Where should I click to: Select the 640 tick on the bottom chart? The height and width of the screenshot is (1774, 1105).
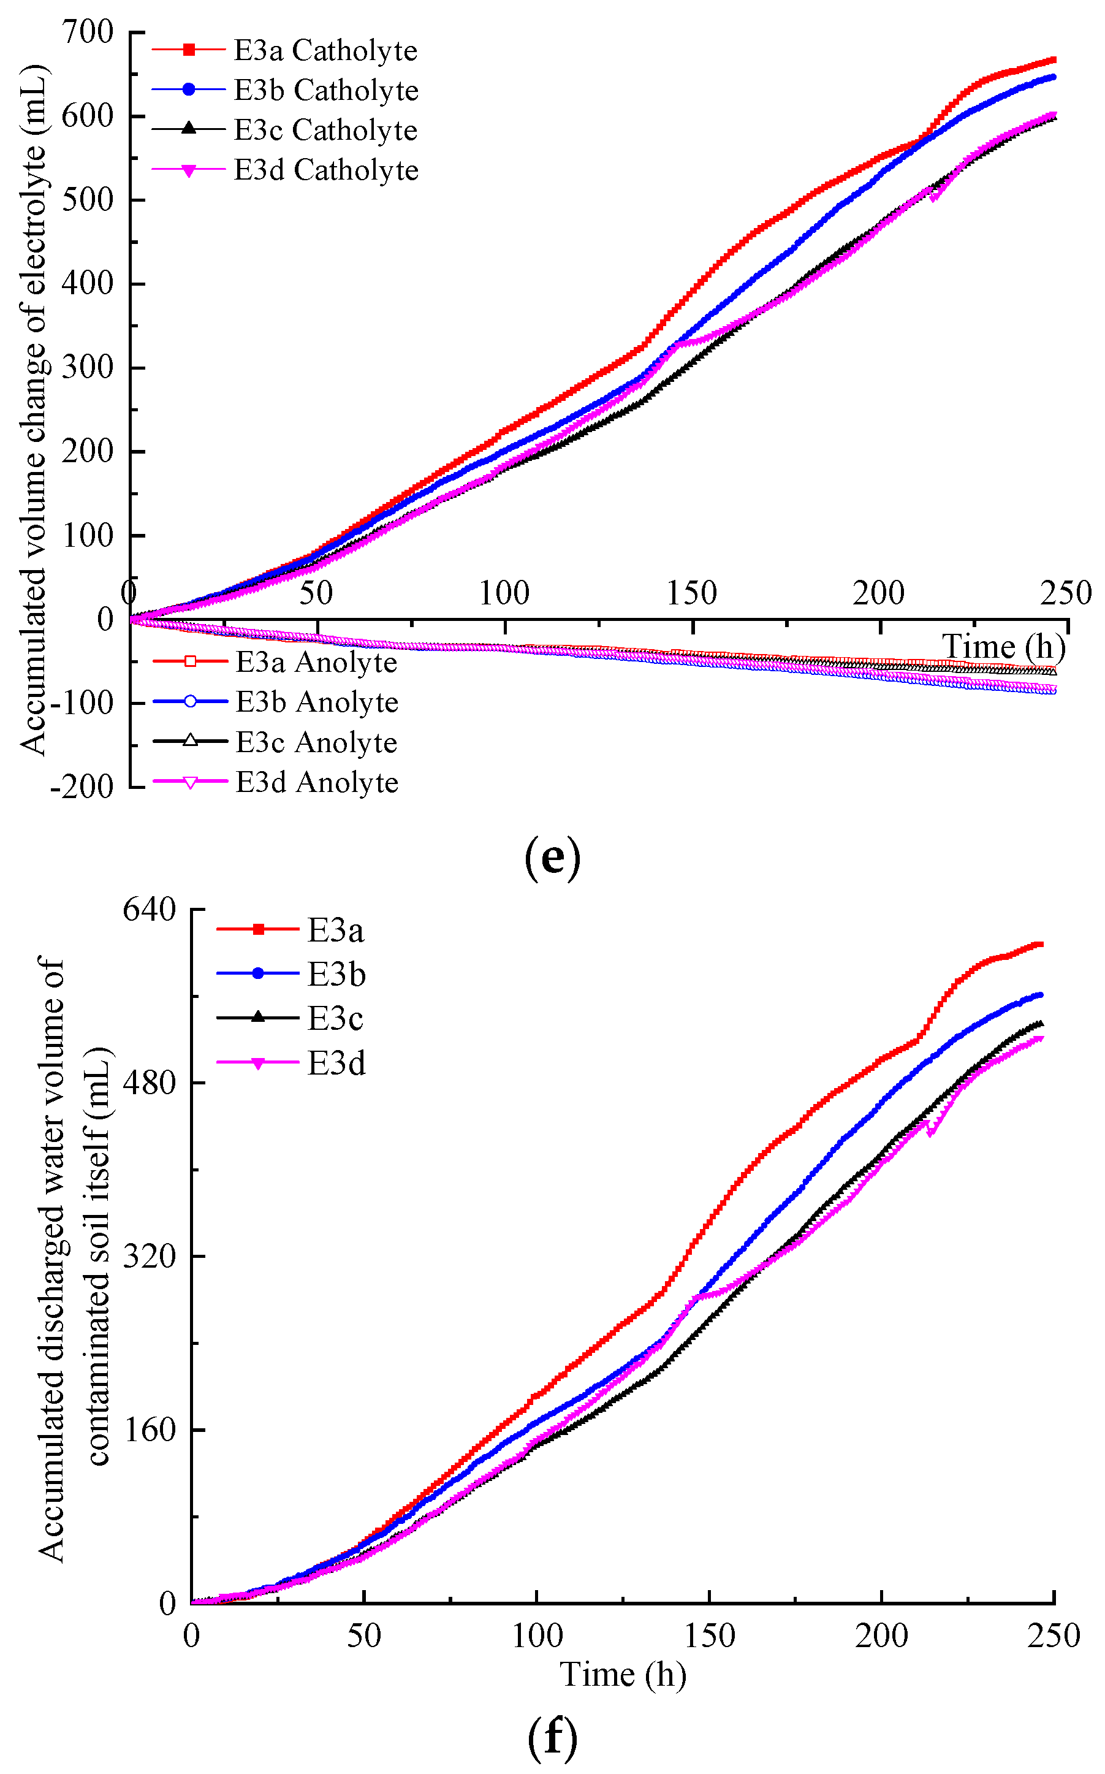[x=149, y=910]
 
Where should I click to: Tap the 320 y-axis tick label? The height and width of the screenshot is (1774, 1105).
[x=149, y=1256]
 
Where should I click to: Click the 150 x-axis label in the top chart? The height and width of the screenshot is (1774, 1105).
[x=691, y=593]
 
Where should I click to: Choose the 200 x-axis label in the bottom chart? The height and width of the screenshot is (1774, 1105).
[x=881, y=1636]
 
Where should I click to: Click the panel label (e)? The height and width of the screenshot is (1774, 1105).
[x=553, y=858]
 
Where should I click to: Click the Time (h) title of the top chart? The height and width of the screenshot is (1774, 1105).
[x=1003, y=647]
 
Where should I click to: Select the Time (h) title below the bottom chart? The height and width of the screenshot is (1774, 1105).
[x=623, y=1675]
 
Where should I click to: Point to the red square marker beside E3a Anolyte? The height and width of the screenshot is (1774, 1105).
[x=190, y=661]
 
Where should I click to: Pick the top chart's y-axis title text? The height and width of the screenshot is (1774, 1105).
[x=34, y=409]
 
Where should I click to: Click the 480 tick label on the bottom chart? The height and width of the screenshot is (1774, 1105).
[x=149, y=1083]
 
